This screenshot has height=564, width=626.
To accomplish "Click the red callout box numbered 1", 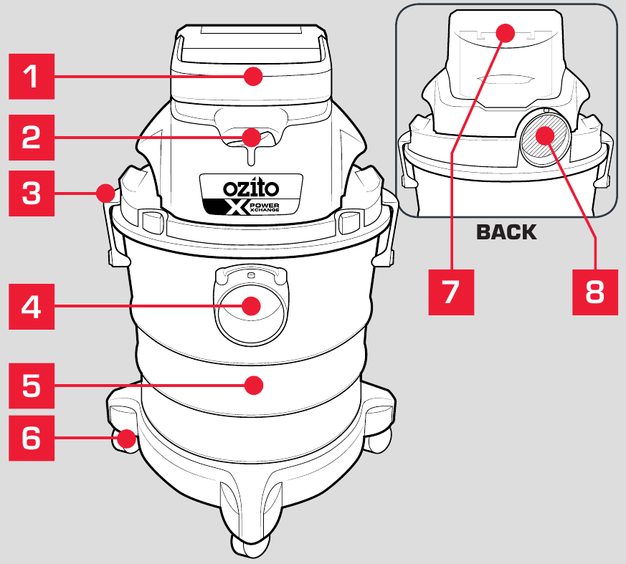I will (x=30, y=77).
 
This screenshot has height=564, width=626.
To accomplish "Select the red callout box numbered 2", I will (x=30, y=136).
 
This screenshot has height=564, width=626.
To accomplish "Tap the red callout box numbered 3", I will (x=30, y=193).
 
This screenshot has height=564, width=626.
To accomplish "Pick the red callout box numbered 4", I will (x=30, y=307).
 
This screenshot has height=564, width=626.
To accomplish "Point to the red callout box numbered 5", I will (x=30, y=385).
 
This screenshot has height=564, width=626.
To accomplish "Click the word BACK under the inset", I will (x=506, y=232).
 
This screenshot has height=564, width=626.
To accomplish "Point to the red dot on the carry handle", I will (x=252, y=76).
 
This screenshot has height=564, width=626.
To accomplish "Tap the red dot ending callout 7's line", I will (x=506, y=33).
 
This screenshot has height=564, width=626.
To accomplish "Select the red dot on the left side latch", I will (x=106, y=192).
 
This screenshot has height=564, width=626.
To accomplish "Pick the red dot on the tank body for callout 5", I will (x=252, y=385).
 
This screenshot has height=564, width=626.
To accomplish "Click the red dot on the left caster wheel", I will (x=128, y=438).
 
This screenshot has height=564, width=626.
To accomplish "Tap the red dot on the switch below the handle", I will (x=251, y=136).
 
